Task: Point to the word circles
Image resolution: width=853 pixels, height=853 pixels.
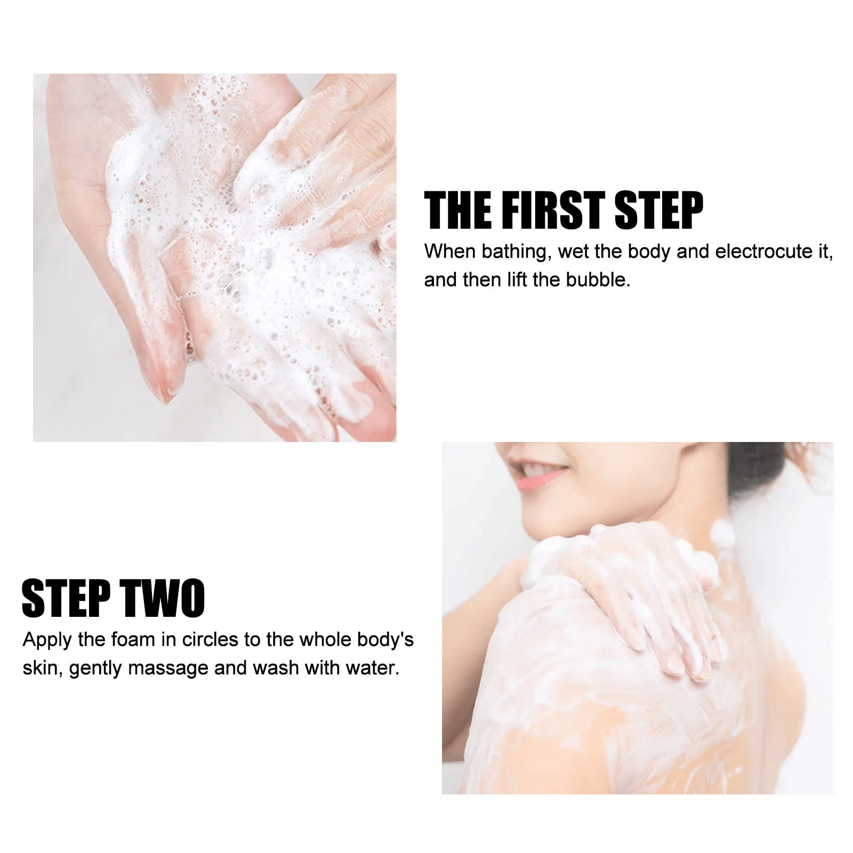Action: point(211,639)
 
